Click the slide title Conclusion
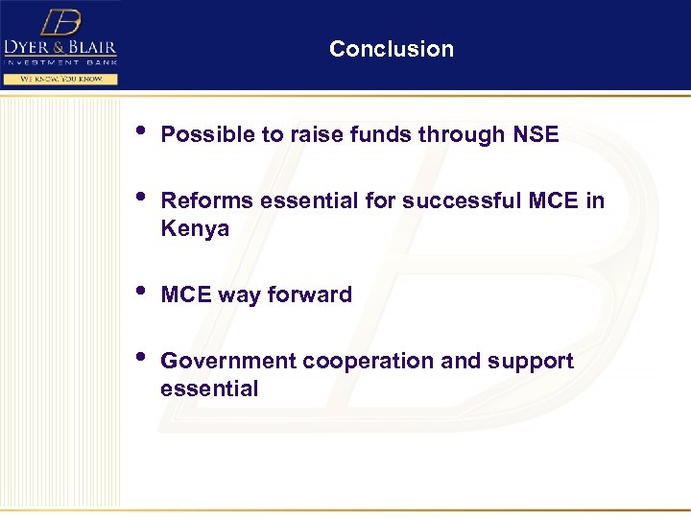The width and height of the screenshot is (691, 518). [x=391, y=49]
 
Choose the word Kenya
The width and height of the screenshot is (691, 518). [x=195, y=228]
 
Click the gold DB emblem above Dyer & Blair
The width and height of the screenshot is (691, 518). [x=60, y=22]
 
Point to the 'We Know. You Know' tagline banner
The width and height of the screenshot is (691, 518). [x=60, y=79]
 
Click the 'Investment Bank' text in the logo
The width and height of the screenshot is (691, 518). [x=60, y=61]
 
